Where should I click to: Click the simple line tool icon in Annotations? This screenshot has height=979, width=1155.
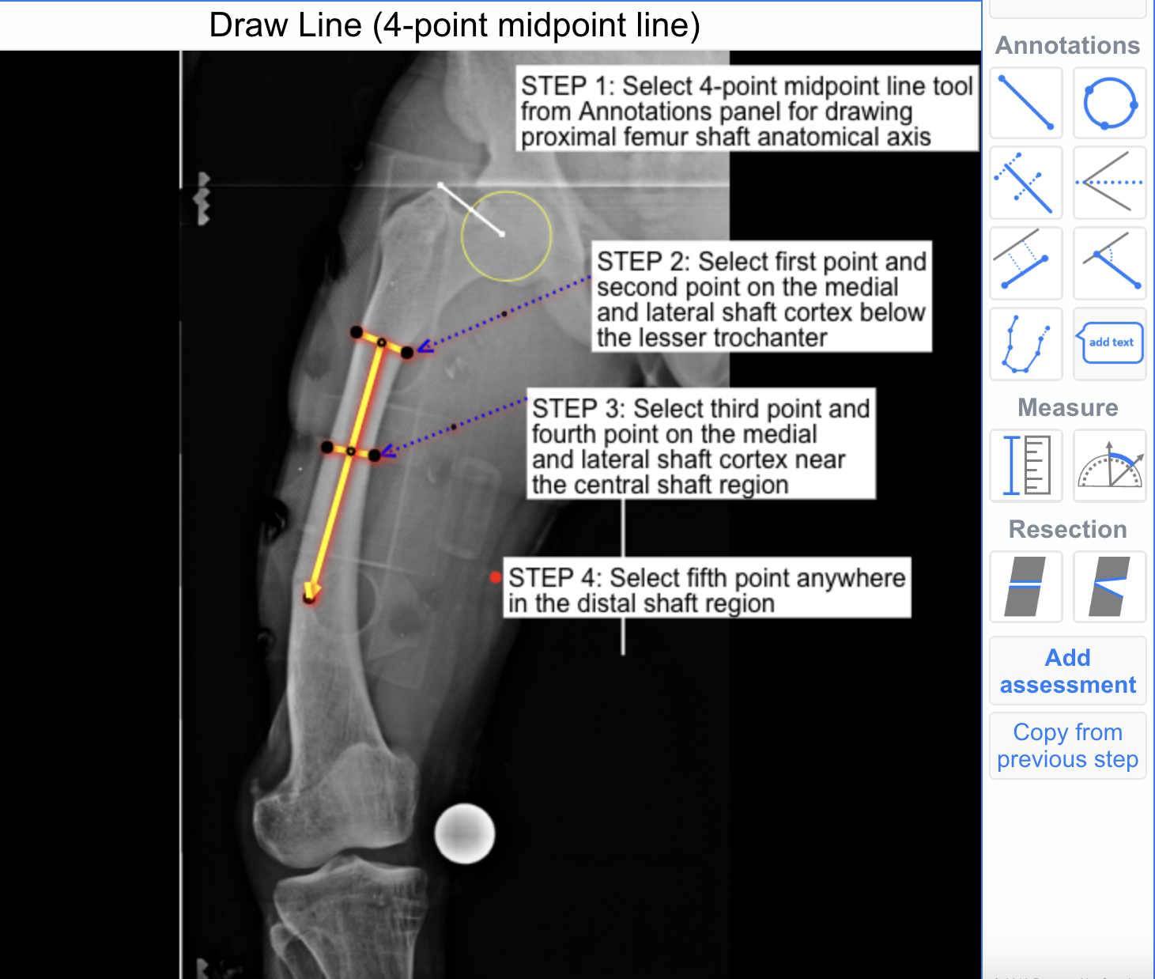pyautogui.click(x=1026, y=103)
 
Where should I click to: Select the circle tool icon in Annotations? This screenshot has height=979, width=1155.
pyautogui.click(x=1110, y=103)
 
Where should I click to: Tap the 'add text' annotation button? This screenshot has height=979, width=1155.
pyautogui.click(x=1110, y=343)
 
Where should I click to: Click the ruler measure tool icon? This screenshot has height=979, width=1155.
pyautogui.click(x=1026, y=465)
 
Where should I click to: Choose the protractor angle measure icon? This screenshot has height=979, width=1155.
pyautogui.click(x=1110, y=465)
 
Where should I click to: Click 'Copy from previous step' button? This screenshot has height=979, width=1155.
pyautogui.click(x=1068, y=745)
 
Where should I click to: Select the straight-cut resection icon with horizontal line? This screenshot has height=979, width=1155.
pyautogui.click(x=1026, y=587)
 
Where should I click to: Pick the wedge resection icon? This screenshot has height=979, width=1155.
pyautogui.click(x=1110, y=587)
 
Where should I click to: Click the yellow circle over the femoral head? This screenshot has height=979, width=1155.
pyautogui.click(x=506, y=236)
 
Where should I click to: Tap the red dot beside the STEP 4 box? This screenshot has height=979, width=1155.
pyautogui.click(x=495, y=577)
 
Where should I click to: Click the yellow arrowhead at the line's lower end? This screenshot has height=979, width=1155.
pyautogui.click(x=311, y=592)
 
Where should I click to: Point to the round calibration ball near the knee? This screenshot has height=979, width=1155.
pyautogui.click(x=465, y=833)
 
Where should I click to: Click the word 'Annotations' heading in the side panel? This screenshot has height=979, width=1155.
pyautogui.click(x=1067, y=45)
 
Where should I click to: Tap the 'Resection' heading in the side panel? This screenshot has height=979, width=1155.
pyautogui.click(x=1068, y=529)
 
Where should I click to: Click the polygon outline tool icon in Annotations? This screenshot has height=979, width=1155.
pyautogui.click(x=1026, y=343)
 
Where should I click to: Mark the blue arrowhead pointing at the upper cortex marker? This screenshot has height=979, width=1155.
pyautogui.click(x=425, y=346)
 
